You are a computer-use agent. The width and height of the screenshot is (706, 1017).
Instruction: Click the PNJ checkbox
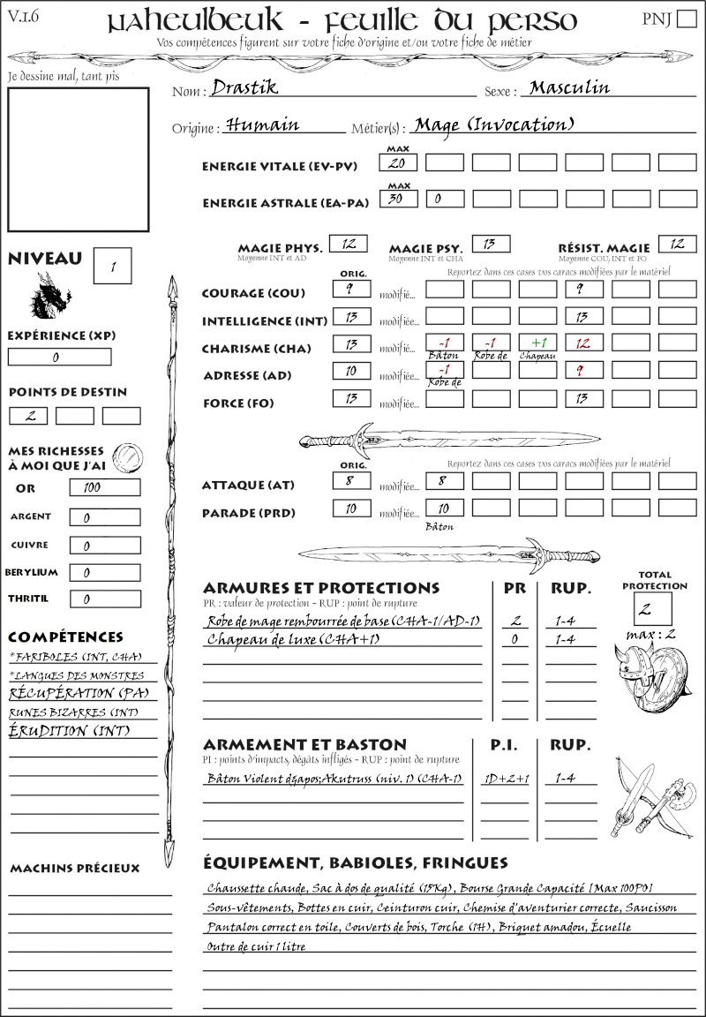coord(686,19)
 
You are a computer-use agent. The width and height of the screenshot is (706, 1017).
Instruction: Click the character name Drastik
coord(244,88)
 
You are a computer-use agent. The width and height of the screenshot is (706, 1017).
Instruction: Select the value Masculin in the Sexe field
coord(569,88)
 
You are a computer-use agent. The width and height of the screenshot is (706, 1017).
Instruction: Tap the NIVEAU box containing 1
coord(113,266)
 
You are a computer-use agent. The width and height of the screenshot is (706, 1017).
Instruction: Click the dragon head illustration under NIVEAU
coord(50,296)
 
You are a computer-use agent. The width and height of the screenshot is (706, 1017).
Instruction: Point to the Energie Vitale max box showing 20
coord(399,162)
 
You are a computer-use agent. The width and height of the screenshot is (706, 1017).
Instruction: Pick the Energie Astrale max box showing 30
coord(399,199)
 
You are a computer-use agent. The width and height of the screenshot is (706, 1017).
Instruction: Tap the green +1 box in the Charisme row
coord(537,343)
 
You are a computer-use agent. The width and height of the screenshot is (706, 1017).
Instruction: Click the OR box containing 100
coord(104,487)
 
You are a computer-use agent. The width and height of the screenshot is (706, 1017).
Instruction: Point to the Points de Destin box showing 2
coord(28,416)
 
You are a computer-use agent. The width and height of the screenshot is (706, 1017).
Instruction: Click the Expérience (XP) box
coord(59,357)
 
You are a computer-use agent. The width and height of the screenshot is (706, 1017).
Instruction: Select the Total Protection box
coord(652,608)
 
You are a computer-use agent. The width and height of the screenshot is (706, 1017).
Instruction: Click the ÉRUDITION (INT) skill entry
coord(60,731)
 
